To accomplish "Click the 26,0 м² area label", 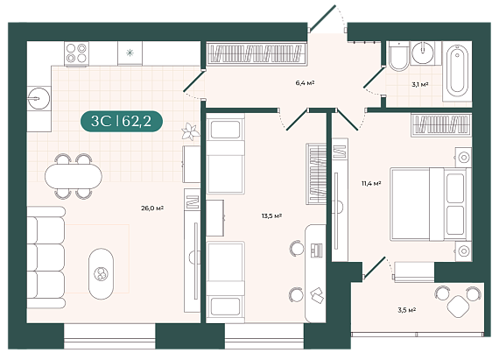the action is (152, 208).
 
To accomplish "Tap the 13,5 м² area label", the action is (271, 215).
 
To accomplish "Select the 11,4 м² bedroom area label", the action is (371, 183).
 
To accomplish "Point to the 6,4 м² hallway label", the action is (305, 83).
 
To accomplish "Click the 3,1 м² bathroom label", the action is (419, 84).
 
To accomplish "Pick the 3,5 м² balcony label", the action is (407, 310).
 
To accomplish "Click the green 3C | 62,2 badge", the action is (122, 121).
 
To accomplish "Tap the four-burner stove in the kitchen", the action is (76, 53).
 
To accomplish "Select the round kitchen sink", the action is (39, 98).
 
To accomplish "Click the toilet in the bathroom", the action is (399, 56).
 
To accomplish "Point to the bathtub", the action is (457, 71).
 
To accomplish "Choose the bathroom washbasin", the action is (422, 53).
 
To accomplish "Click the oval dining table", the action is (74, 176).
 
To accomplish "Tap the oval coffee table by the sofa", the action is (101, 274).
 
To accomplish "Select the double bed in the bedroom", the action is (430, 204).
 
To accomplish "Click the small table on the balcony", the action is (458, 307).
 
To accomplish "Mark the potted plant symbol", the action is (190, 131).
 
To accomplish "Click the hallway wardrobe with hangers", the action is (256, 53).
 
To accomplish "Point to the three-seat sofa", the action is (46, 258).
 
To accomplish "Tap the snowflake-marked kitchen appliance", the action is (130, 53).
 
